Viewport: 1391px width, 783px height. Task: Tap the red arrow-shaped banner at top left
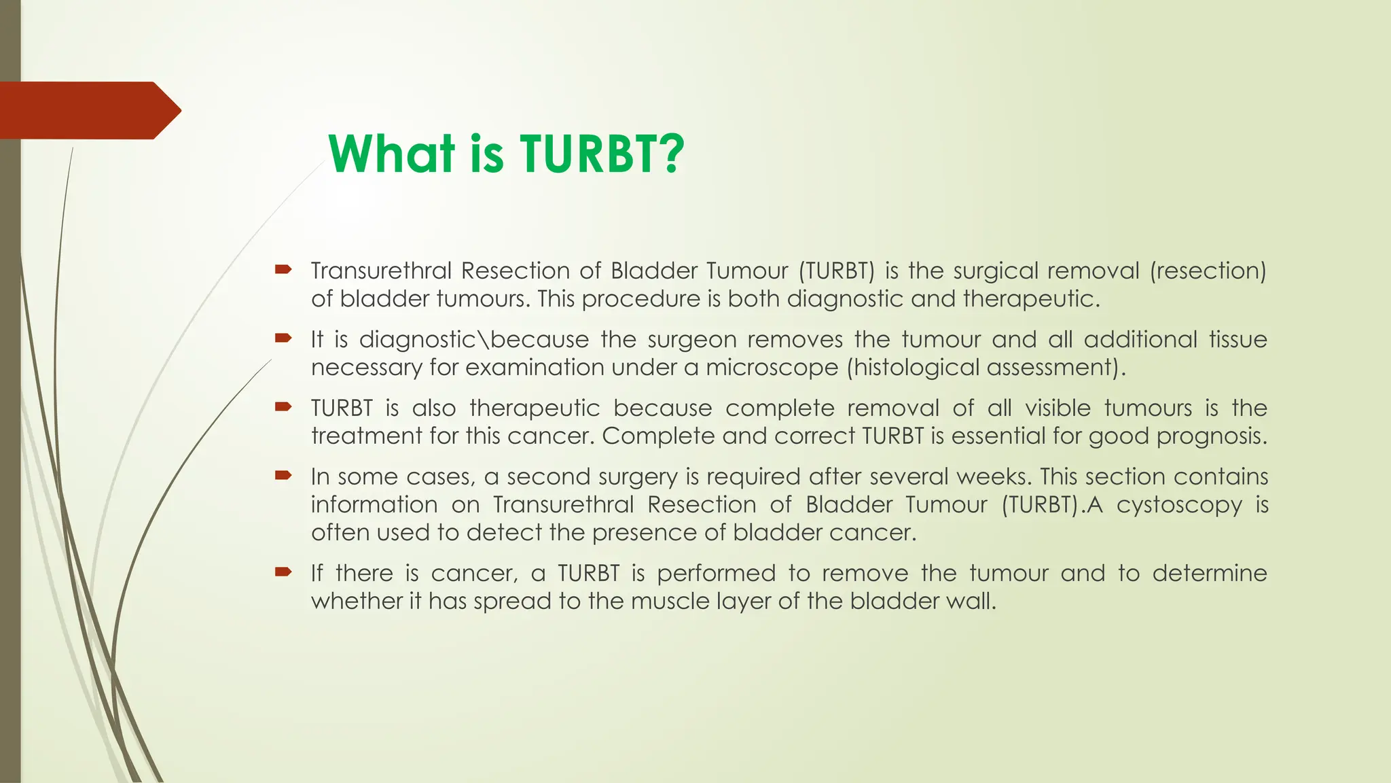click(88, 110)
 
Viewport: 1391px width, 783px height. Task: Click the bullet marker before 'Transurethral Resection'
click(283, 270)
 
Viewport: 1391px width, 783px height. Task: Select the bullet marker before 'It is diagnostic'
click(283, 338)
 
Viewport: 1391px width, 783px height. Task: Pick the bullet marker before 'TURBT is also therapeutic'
click(283, 406)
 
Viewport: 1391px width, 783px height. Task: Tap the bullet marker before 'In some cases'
click(283, 475)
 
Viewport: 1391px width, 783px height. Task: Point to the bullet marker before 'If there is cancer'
click(283, 572)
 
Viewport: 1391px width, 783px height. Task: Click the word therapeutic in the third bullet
click(535, 408)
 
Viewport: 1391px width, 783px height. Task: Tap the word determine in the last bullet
click(1209, 573)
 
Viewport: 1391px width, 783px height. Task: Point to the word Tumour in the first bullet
click(746, 271)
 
